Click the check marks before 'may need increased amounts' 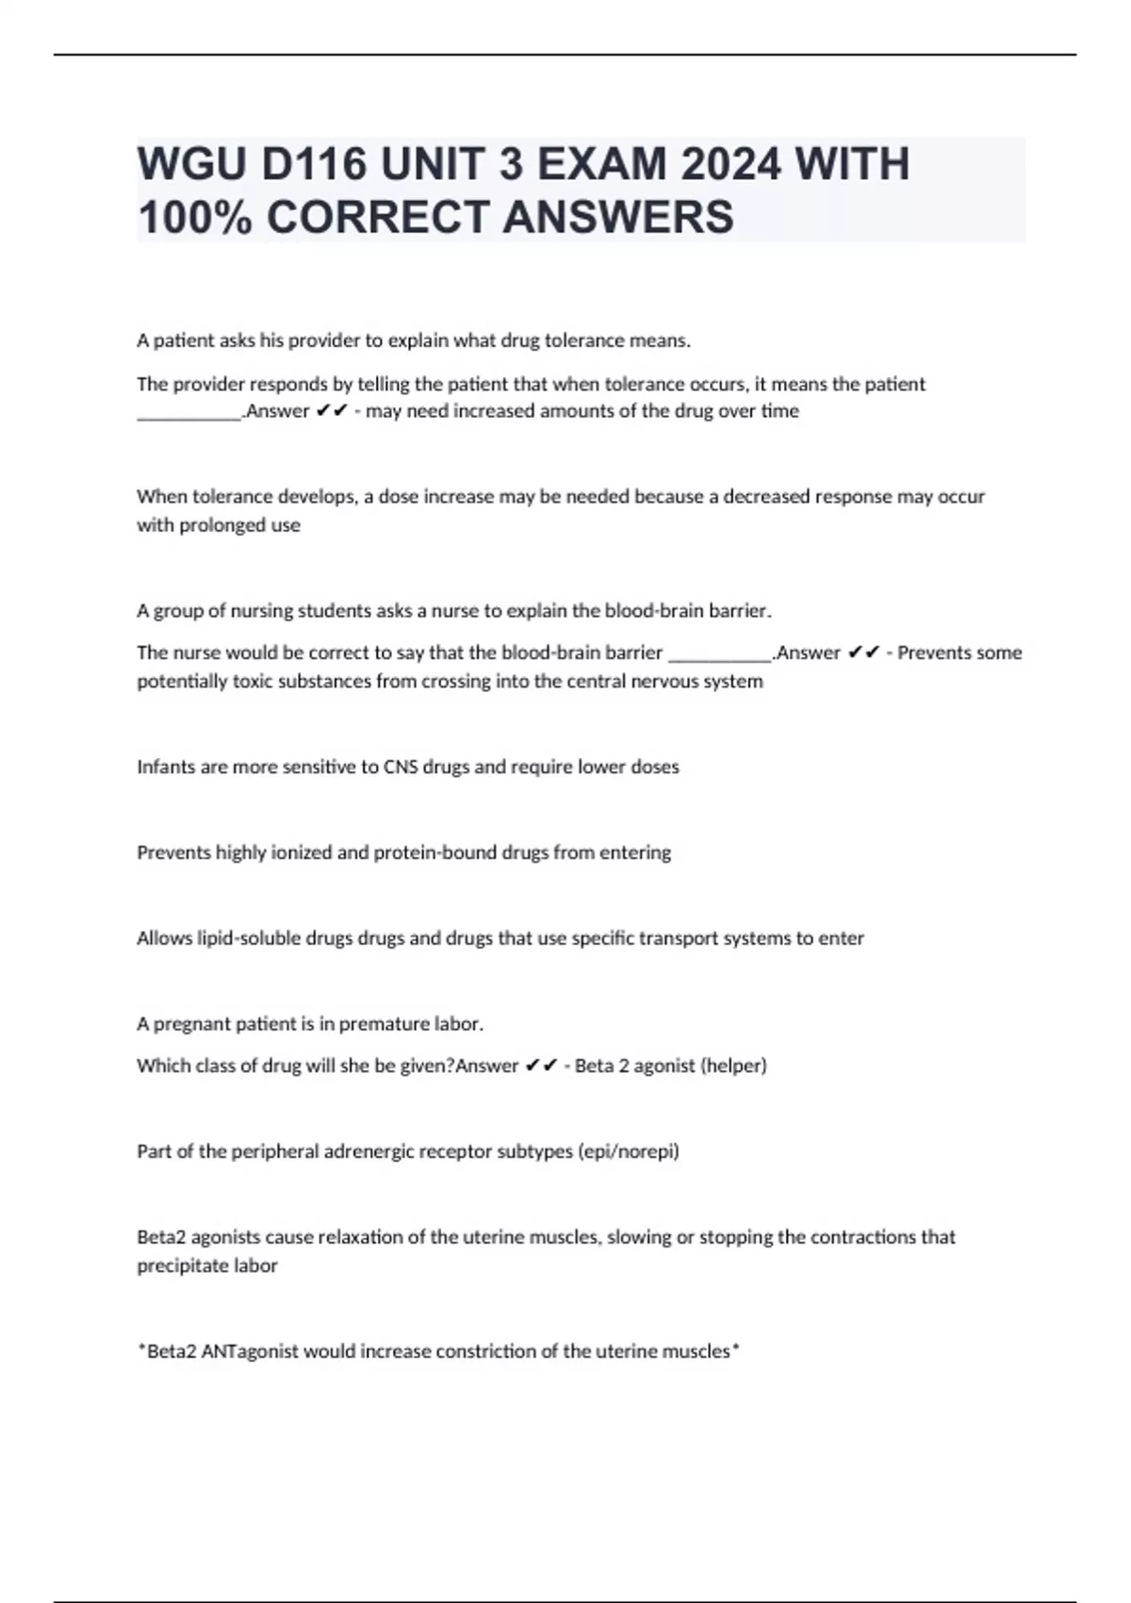click(333, 411)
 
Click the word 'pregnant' click(190, 1024)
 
